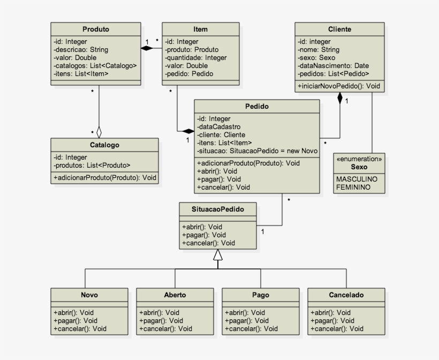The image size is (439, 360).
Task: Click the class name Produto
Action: click(96, 29)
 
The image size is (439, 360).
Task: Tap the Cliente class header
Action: click(339, 29)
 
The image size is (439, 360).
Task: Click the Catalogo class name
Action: click(104, 145)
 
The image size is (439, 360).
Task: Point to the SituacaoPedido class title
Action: click(217, 209)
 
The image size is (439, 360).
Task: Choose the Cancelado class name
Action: click(346, 295)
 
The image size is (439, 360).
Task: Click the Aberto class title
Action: click(175, 295)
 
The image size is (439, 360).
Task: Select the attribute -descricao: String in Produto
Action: click(81, 49)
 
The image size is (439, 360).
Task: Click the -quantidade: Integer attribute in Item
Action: click(195, 57)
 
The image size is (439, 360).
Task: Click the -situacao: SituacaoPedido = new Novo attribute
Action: click(257, 151)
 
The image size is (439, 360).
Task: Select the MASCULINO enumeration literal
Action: click(357, 179)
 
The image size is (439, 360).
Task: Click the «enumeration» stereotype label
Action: click(359, 159)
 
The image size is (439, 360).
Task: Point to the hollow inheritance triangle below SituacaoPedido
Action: click(217, 255)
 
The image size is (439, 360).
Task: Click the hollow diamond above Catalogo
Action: click(99, 131)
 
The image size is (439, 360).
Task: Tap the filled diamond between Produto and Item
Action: click(147, 48)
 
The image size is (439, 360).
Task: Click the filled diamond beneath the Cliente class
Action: click(339, 98)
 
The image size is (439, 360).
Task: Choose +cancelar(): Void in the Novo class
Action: click(80, 328)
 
